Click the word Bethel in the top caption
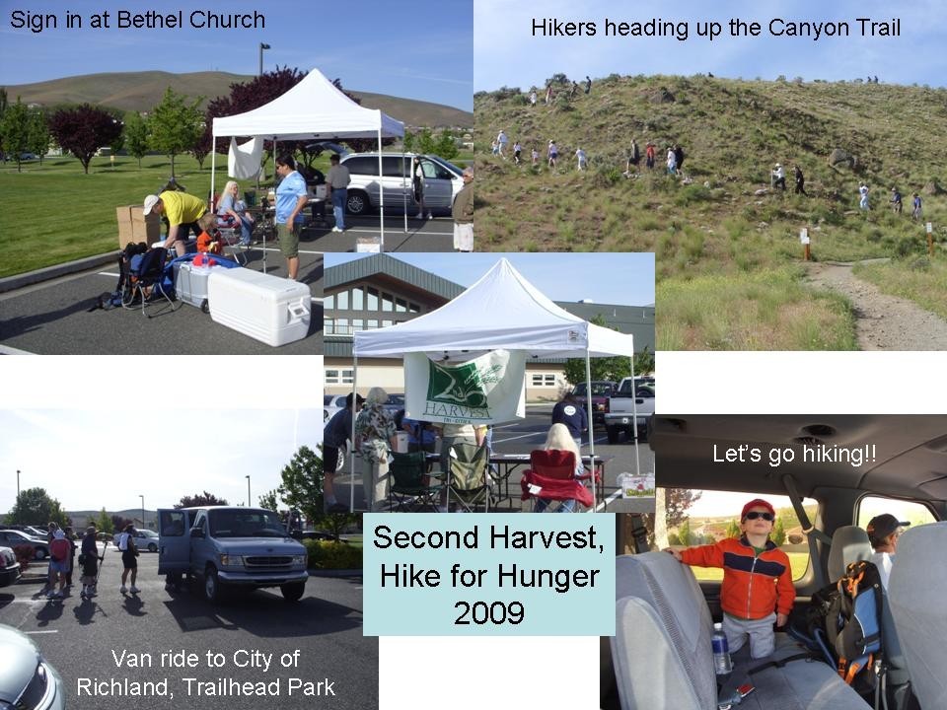[x=149, y=20]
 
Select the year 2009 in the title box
[x=488, y=612]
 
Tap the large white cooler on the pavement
[x=258, y=306]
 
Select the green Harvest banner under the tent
[x=464, y=387]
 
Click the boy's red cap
[x=757, y=508]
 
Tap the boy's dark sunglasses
[x=759, y=517]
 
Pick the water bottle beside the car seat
[x=720, y=649]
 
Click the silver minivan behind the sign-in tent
[x=399, y=182]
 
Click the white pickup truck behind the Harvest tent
[x=628, y=407]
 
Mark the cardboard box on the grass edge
[x=138, y=226]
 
